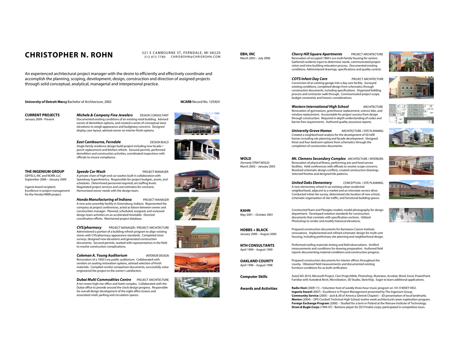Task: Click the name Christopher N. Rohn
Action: coord(69,55)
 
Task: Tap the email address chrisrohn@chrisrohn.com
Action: coord(196,57)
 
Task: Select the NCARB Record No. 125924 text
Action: coord(200,102)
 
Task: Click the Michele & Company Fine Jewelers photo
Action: coord(197,123)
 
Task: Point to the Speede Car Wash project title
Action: coord(91,172)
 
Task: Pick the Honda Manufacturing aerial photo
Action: coord(197,208)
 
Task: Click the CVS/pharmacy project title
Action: coord(89,227)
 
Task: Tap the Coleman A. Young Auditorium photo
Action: coord(197,262)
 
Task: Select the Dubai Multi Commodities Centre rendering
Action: coord(197,287)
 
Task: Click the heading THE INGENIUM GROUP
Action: coord(44,172)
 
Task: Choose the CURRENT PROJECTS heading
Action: coord(42,115)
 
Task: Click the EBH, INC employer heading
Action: coord(248,54)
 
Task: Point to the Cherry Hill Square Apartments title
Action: coord(317,54)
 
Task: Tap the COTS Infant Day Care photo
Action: coord(411,87)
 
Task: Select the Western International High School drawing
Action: coord(411,114)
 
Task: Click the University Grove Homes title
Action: coord(311,131)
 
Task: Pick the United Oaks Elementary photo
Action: coord(411,190)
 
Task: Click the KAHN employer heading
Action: coord(245,210)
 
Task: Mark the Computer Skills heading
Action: coord(254,277)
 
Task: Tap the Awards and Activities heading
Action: coord(259,289)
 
